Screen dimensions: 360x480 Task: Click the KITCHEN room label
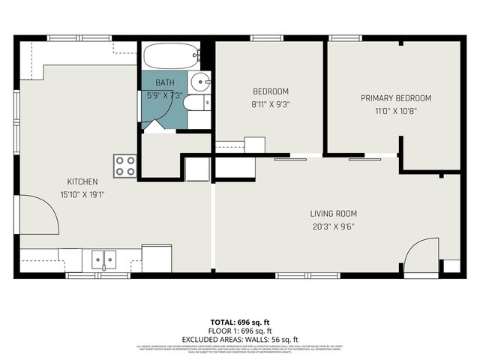(82, 181)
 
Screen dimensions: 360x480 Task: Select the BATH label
(164, 82)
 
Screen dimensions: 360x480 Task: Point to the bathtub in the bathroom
(170, 55)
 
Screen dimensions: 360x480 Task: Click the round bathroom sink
(201, 82)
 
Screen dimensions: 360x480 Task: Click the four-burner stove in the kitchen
(125, 166)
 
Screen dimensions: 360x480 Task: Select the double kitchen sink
(104, 259)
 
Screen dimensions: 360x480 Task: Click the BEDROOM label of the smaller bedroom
(268, 92)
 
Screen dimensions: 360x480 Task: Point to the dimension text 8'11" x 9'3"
(268, 104)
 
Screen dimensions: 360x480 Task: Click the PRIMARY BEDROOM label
(395, 98)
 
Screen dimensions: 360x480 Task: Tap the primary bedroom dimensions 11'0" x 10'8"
(395, 109)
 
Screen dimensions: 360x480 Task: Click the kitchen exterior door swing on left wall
(37, 214)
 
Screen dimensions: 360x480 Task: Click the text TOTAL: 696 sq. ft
(239, 321)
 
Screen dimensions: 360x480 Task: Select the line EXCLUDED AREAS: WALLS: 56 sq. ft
(239, 339)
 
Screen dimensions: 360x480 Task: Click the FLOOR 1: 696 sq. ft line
(239, 330)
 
